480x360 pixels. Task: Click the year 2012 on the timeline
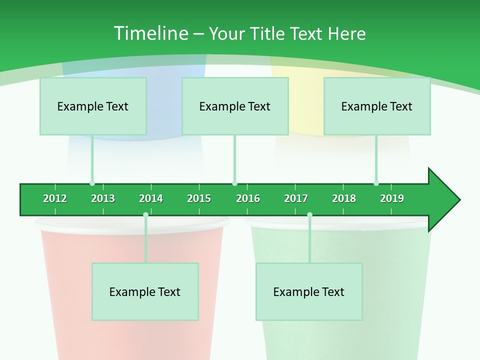55,198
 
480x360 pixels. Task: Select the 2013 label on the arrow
103,198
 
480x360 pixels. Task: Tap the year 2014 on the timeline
151,198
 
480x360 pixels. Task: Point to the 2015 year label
199,198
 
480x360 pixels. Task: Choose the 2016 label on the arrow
248,198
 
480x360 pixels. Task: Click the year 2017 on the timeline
296,198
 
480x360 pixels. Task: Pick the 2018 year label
344,198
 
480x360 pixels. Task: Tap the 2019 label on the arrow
392,198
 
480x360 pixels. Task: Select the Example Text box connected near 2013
93,106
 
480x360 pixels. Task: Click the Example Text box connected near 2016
235,106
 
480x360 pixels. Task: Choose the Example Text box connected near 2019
377,106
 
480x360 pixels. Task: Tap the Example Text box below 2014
145,291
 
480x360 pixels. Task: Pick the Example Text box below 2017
309,291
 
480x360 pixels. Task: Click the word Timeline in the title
150,33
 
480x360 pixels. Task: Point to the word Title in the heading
268,33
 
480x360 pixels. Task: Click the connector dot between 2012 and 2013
92,183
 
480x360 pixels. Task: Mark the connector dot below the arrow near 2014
145,215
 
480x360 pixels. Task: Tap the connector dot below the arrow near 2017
309,215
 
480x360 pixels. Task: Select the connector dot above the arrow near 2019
376,183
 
